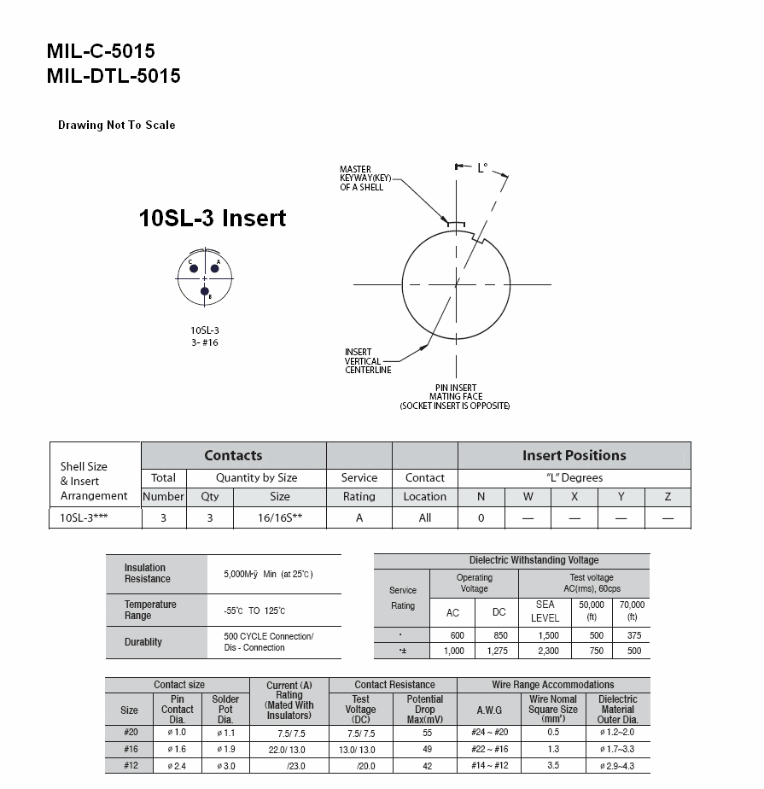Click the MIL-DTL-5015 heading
click(x=114, y=76)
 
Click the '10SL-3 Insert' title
click(x=213, y=218)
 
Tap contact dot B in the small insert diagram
click(x=204, y=291)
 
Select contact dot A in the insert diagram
click(x=215, y=268)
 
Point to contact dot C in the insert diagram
click(x=194, y=268)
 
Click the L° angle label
click(x=482, y=167)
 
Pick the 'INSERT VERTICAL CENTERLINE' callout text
click(x=368, y=361)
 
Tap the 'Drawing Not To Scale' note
click(x=117, y=125)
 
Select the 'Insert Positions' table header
click(x=574, y=455)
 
